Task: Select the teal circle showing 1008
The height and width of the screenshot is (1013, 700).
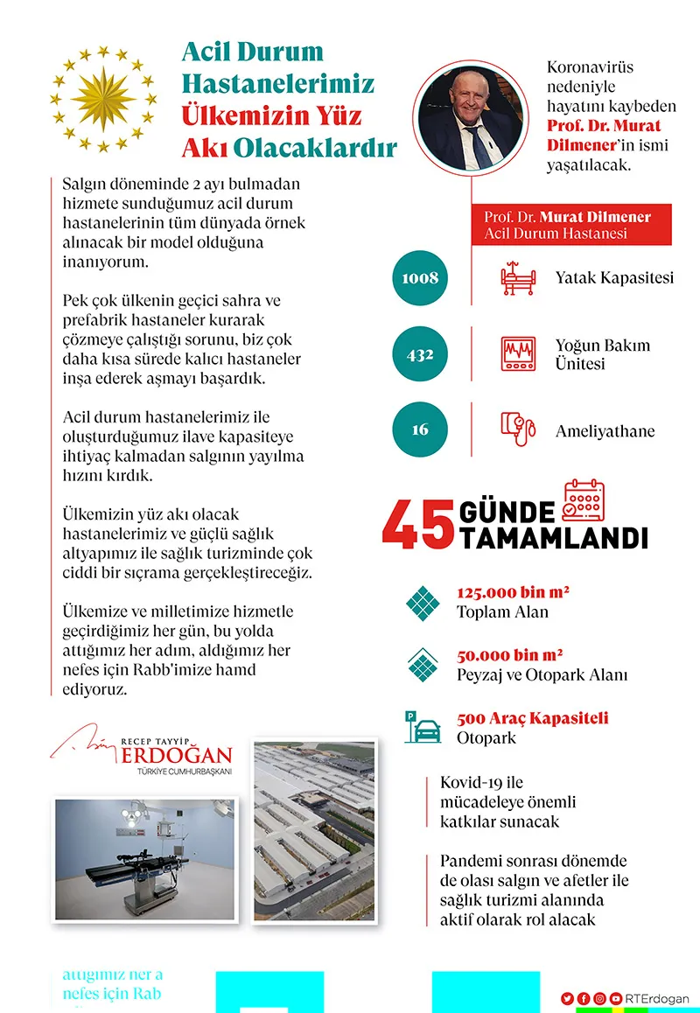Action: (420, 278)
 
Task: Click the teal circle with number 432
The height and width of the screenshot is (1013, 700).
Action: (420, 354)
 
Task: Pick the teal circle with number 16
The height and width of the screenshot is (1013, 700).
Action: (420, 430)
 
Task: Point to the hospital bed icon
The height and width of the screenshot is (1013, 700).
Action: (516, 277)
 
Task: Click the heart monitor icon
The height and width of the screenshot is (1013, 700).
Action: (516, 353)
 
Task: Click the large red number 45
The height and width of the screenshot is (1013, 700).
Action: (418, 525)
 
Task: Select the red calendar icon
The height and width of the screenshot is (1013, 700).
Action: (584, 501)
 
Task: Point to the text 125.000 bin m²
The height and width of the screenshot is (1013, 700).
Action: (513, 592)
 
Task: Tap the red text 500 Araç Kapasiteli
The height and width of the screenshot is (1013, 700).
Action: (532, 718)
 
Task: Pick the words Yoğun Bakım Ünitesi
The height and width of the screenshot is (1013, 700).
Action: (602, 353)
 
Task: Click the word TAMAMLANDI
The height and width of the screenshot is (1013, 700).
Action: (554, 536)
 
